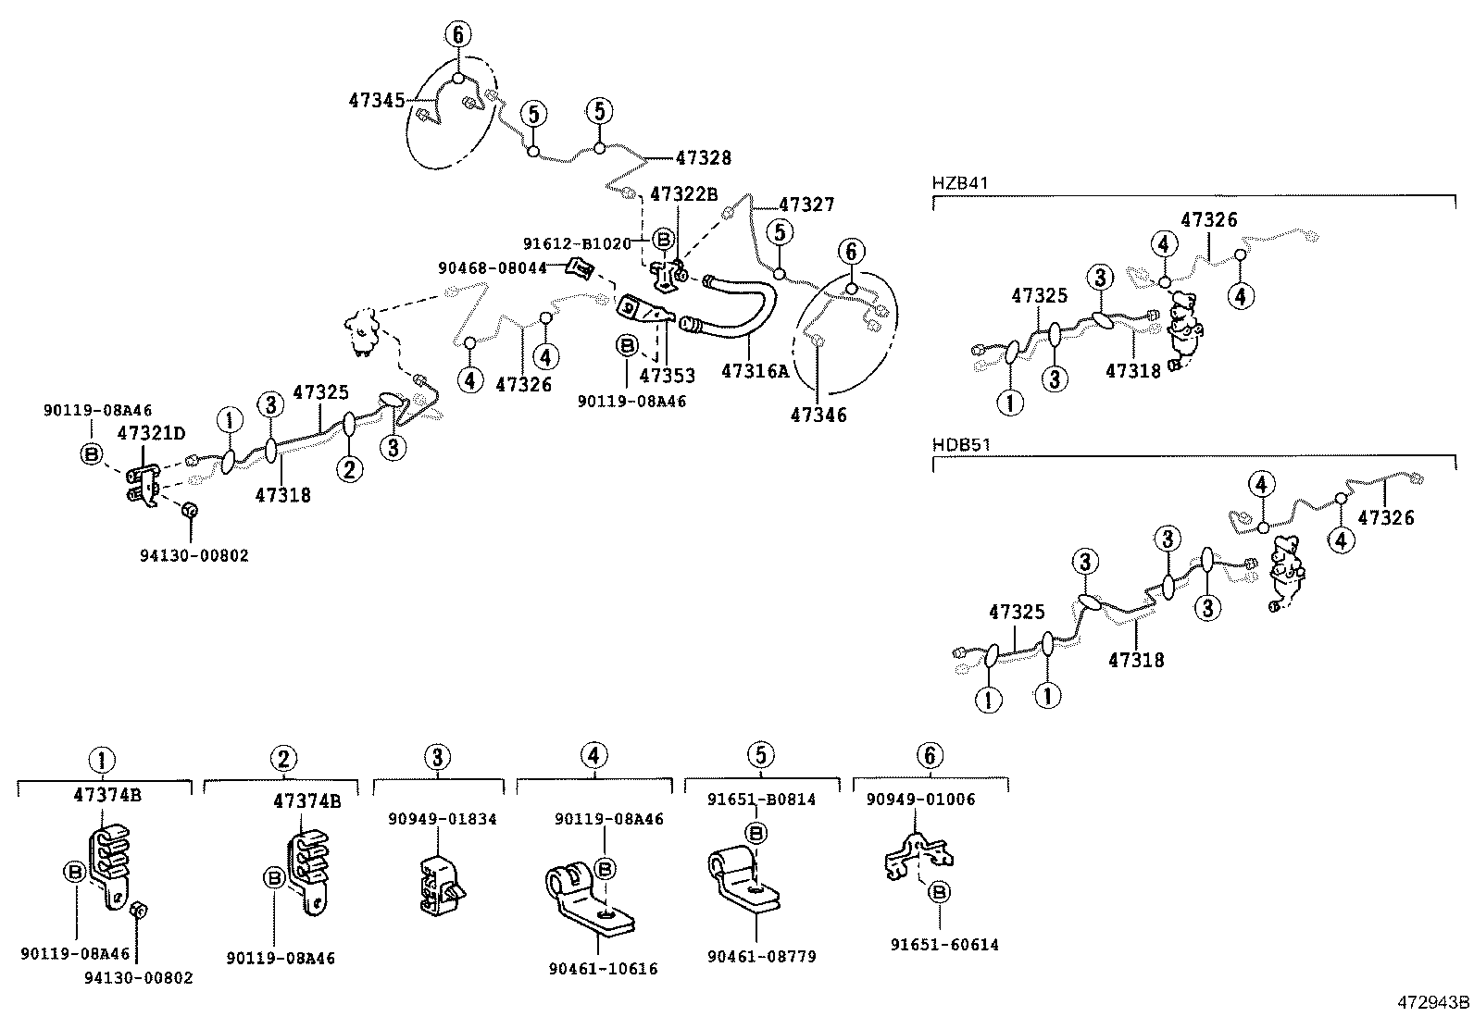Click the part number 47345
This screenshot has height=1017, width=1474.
coord(376,100)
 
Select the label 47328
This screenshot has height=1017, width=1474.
coord(703,158)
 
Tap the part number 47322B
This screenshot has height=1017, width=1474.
coord(683,194)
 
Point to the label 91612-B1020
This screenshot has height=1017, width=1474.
coord(576,244)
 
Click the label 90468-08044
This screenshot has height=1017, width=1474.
coord(492,268)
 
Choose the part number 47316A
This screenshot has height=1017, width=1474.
coord(755,372)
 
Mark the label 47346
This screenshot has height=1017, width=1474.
coord(818,415)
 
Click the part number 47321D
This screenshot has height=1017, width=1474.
coord(151,432)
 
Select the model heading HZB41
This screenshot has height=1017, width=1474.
coord(960,183)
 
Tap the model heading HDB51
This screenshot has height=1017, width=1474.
coord(961,444)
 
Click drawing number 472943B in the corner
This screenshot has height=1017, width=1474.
coord(1433,1002)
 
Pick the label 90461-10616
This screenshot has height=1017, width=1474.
coord(603,969)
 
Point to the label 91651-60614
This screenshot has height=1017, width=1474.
coord(944,945)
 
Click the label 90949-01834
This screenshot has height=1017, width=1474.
coord(442,819)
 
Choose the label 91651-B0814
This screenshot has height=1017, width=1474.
coord(761,800)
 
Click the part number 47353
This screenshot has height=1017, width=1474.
coord(667,377)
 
